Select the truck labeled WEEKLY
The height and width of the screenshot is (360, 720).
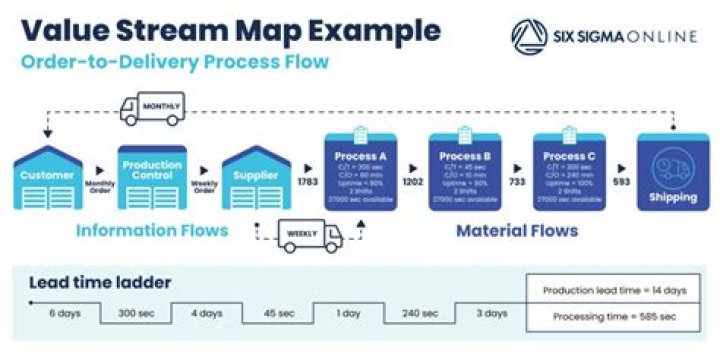[x=309, y=235]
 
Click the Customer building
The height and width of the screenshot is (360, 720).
[x=48, y=177]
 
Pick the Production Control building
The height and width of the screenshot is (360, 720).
[x=153, y=177]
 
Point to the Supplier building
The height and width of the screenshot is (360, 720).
[x=256, y=177]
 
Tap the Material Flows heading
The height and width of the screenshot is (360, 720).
[x=517, y=231]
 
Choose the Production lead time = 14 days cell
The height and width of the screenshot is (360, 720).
[x=615, y=290]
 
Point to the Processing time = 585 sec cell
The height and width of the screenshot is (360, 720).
[x=615, y=317]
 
